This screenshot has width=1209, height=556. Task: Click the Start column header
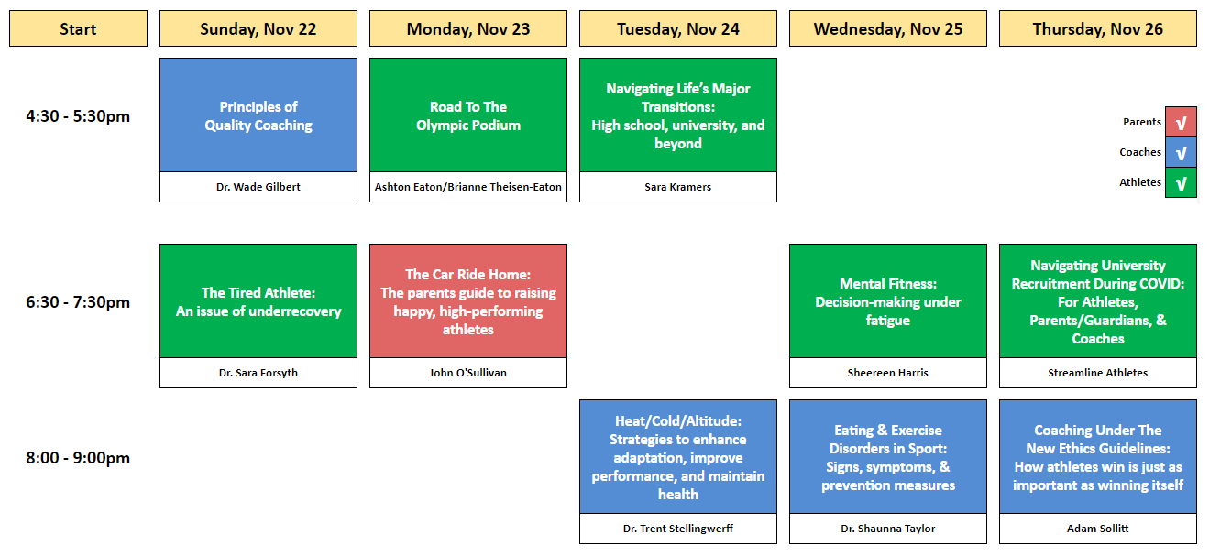pyautogui.click(x=78, y=28)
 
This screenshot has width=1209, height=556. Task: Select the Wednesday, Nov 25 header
pyautogui.click(x=888, y=28)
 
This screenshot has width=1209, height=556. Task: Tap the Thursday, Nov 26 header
pyautogui.click(x=1098, y=28)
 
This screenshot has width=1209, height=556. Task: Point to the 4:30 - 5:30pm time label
pyautogui.click(x=78, y=116)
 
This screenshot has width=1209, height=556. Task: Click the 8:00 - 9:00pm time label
pyautogui.click(x=78, y=457)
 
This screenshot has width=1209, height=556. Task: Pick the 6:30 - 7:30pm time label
pyautogui.click(x=78, y=301)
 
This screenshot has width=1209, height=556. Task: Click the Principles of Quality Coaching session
pyautogui.click(x=258, y=114)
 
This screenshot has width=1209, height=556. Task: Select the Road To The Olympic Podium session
pyautogui.click(x=468, y=114)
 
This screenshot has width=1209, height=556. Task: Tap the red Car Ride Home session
pyautogui.click(x=468, y=301)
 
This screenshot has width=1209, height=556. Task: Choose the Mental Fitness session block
pyautogui.click(x=888, y=301)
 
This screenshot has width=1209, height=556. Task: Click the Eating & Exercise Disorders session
pyautogui.click(x=888, y=457)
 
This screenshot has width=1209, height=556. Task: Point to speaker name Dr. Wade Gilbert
pyautogui.click(x=258, y=187)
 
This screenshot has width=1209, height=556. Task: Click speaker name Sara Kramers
pyautogui.click(x=678, y=187)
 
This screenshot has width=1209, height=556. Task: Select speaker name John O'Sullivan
pyautogui.click(x=468, y=373)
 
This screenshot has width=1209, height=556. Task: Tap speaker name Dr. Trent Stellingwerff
pyautogui.click(x=678, y=529)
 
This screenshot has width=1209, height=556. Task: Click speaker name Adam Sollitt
pyautogui.click(x=1098, y=529)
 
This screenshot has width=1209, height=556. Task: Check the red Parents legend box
pyautogui.click(x=1181, y=122)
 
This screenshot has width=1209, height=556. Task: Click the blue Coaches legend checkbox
pyautogui.click(x=1181, y=152)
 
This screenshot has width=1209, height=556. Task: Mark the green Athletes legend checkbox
pyautogui.click(x=1181, y=182)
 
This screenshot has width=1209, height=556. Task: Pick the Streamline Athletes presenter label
pyautogui.click(x=1098, y=373)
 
